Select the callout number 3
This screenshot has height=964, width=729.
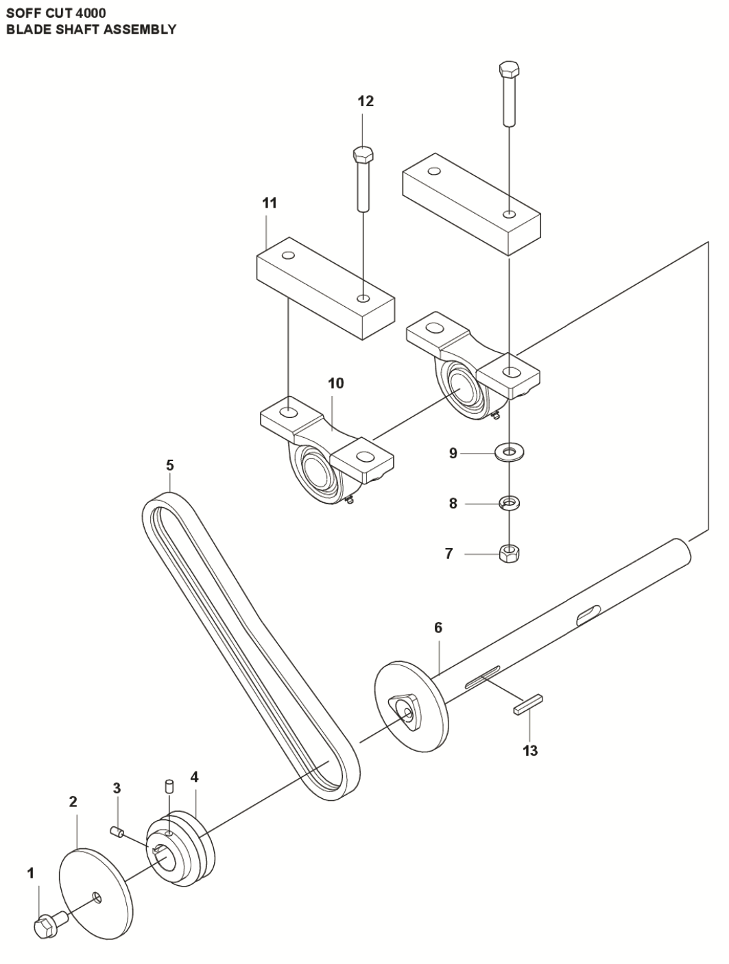point(117,788)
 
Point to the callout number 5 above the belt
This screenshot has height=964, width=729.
point(169,465)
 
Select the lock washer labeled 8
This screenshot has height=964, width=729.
point(509,504)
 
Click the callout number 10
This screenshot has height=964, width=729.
point(335,383)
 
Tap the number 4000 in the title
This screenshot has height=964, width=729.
point(91,12)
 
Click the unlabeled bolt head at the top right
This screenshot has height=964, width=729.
point(508,69)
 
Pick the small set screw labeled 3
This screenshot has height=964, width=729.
point(117,832)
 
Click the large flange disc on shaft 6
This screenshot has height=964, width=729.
point(411,706)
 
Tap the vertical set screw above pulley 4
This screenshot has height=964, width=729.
point(169,784)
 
